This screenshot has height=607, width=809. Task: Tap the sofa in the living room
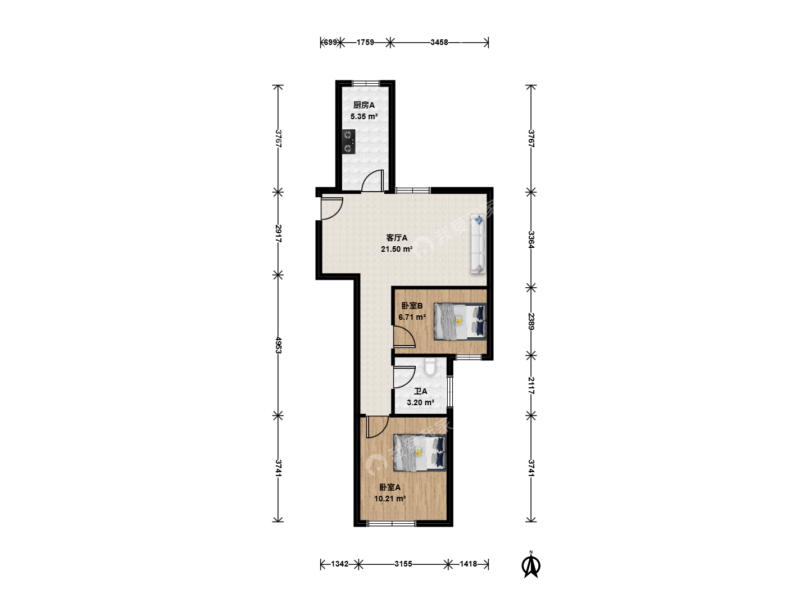pos(478,244)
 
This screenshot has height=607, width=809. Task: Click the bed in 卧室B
pos(460,321)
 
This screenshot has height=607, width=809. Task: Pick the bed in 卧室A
pos(420,452)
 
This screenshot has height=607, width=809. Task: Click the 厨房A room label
pos(364,106)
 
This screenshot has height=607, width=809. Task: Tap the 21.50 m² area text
pos(397,249)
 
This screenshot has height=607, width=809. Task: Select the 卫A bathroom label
pos(420,391)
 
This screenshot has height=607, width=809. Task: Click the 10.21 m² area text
pos(390,499)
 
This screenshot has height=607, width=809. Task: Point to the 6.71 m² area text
pos(412,317)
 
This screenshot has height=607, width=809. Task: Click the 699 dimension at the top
pos(330,42)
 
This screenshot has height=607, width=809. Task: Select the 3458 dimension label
pos(439,42)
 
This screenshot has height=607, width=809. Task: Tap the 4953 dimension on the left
pos(278,345)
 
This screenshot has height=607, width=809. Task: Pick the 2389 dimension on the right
pos(531,321)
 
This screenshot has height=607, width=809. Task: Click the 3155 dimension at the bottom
pos(403,564)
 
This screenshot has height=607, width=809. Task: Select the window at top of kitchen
pos(366,83)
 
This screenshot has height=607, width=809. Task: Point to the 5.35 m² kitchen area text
pos(364,117)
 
